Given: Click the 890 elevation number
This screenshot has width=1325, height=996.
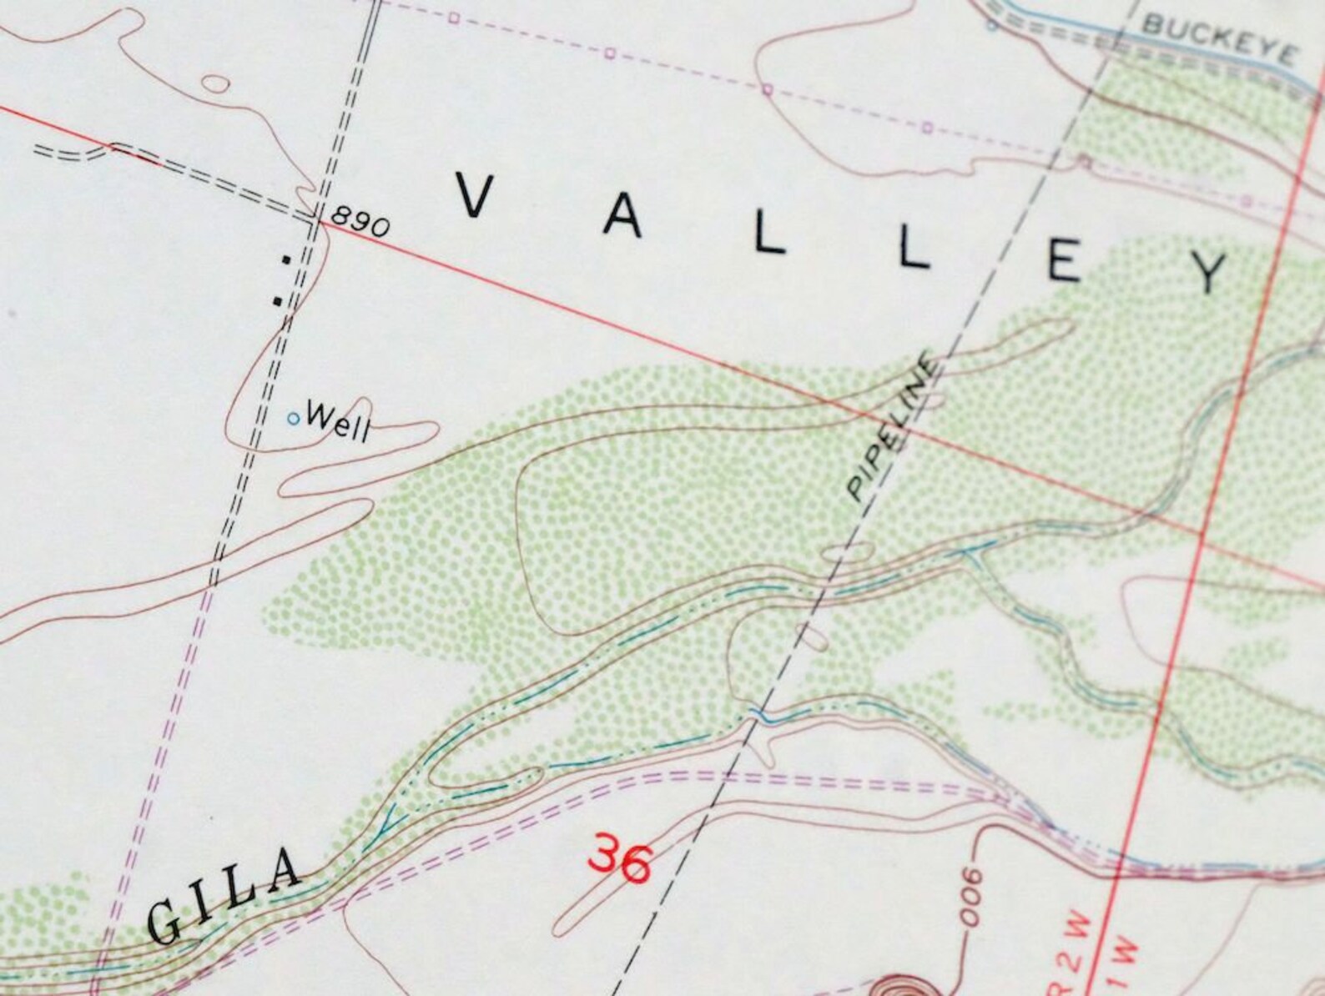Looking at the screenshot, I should [358, 223].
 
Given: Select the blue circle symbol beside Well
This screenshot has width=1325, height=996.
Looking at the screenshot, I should [293, 418].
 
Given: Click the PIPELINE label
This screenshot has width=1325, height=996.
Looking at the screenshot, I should [893, 427].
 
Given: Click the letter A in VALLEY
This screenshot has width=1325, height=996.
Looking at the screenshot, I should [623, 217].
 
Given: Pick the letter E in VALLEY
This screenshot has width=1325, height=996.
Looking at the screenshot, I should [1066, 264].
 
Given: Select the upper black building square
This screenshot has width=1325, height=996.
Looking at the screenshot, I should [286, 259].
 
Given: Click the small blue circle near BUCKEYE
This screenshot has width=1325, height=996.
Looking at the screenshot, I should [991, 25].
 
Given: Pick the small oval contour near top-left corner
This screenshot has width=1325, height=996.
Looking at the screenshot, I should [216, 83].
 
